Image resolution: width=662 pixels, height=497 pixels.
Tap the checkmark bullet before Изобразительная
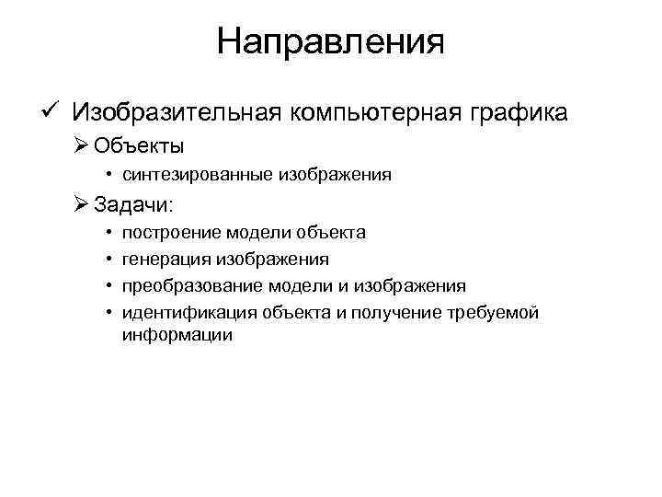(51, 111)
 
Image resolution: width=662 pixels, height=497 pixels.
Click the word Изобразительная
(178, 113)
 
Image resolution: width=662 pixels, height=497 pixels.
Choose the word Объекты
(139, 145)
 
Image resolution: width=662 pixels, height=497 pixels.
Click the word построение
(170, 233)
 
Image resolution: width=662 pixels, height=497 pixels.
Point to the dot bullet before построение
(108, 233)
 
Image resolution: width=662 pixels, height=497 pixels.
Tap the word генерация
(165, 260)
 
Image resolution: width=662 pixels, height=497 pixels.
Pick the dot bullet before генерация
(108, 260)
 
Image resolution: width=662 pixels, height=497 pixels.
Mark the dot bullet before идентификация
(108, 313)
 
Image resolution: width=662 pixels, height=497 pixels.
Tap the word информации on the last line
(177, 336)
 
